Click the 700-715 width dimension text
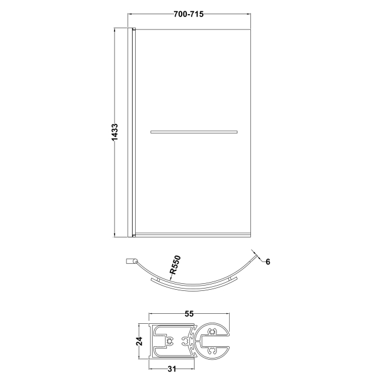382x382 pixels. [x=189, y=14]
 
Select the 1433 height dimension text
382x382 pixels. [x=116, y=132]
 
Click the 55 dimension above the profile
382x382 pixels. [x=189, y=314]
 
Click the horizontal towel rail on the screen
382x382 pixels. [x=195, y=132]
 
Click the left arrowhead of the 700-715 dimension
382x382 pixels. [x=132, y=14]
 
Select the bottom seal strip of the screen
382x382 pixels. [x=195, y=235]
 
